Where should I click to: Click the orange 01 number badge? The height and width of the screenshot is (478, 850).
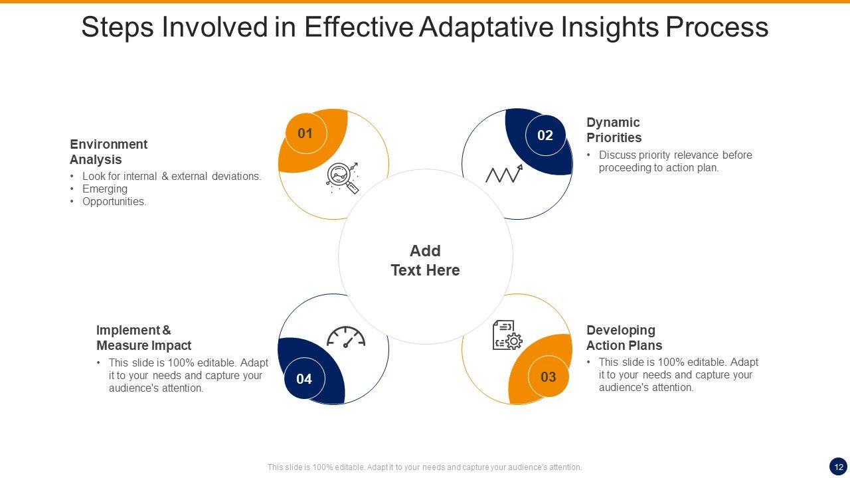pos(305,133)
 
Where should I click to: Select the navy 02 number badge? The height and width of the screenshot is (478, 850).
pos(545,135)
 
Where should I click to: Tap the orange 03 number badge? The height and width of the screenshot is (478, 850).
pos(549,377)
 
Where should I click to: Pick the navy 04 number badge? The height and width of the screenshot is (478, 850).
pos(304,379)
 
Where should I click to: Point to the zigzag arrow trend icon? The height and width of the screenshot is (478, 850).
pos(504,174)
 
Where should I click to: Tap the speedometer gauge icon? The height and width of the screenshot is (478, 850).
pos(346,337)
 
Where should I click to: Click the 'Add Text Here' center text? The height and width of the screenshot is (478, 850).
pos(425,260)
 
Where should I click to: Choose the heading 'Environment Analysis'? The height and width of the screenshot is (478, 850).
pos(109,152)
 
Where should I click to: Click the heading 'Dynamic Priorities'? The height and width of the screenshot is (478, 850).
pos(614,130)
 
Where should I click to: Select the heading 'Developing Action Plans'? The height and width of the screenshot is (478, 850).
pos(624,338)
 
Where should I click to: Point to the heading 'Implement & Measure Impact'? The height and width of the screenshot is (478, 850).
pos(143,338)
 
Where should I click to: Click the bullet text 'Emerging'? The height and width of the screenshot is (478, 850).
pos(105,189)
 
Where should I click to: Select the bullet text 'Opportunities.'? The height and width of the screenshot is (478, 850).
pos(114,201)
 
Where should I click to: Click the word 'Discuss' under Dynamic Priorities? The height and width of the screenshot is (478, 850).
pos(618,155)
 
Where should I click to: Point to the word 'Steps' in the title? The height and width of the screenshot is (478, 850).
pos(118,27)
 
